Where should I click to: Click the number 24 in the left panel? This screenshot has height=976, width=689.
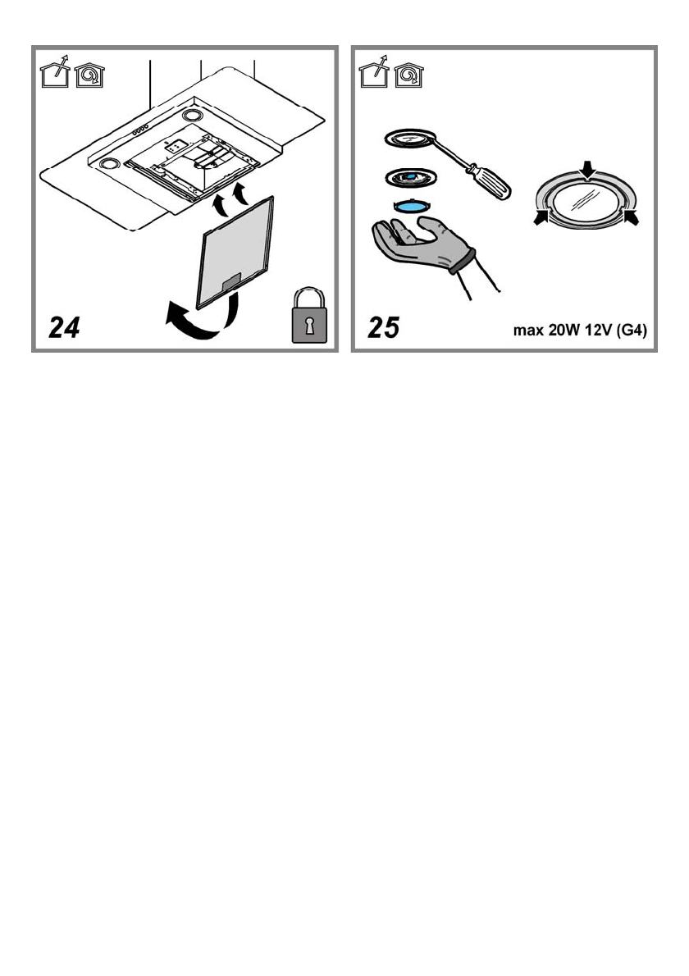pyautogui.click(x=65, y=328)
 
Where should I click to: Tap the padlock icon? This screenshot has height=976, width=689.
pyautogui.click(x=309, y=315)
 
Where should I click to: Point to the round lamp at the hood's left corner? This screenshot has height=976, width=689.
pyautogui.click(x=107, y=165)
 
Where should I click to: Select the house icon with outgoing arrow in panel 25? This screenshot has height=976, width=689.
pyautogui.click(x=374, y=75)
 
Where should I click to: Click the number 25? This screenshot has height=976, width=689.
pyautogui.click(x=383, y=328)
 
